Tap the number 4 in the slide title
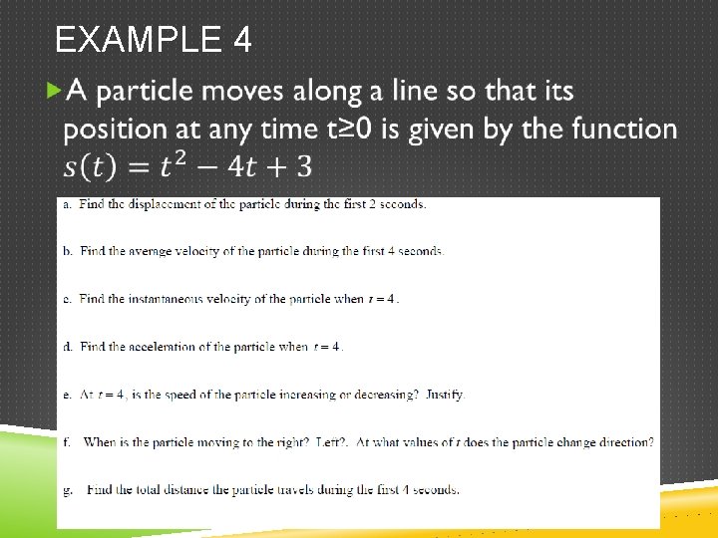point(241,40)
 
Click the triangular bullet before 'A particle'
point(54,92)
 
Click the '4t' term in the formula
point(247,164)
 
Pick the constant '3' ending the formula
point(303,164)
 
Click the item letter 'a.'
point(67,204)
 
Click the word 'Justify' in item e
point(445,395)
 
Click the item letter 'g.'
point(67,490)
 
